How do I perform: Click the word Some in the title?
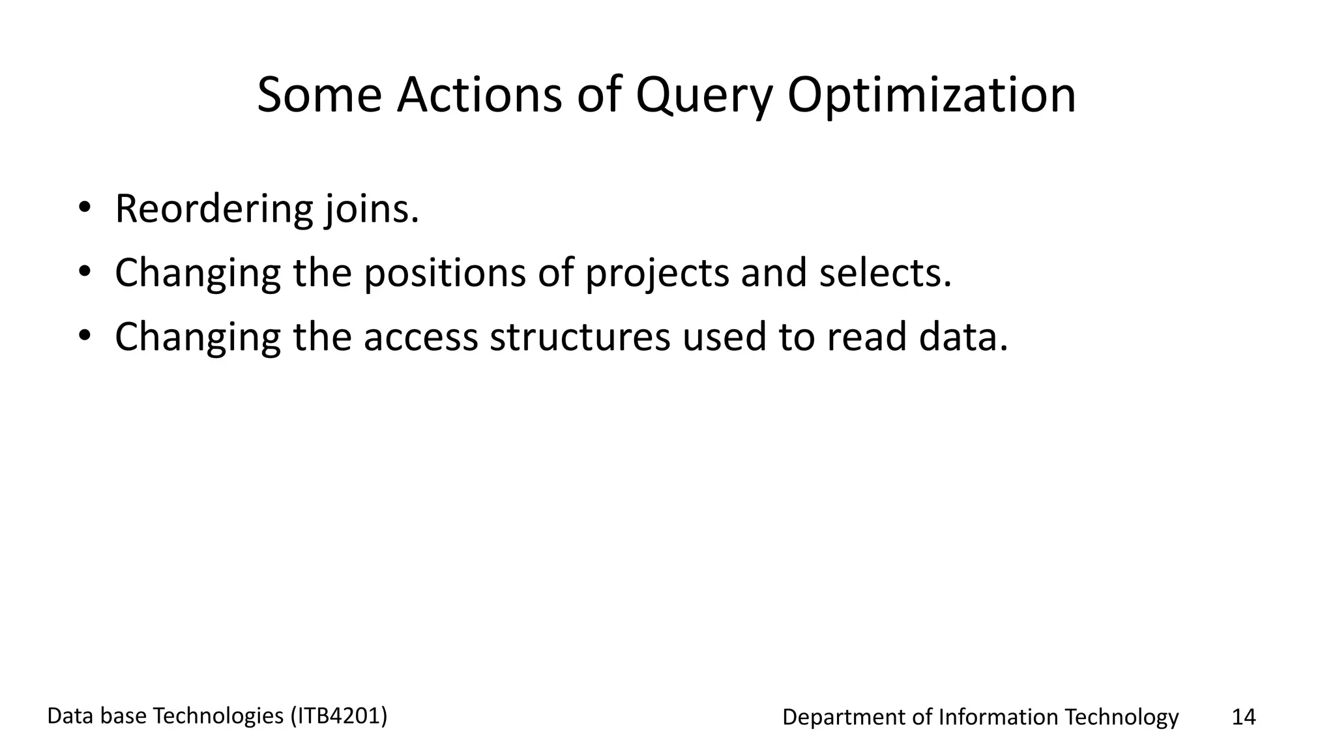click(x=319, y=95)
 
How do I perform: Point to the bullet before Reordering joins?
click(x=84, y=208)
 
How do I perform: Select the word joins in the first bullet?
click(x=371, y=210)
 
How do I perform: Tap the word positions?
click(x=444, y=273)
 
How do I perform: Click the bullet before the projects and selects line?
click(x=84, y=271)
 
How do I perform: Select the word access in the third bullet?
click(x=420, y=337)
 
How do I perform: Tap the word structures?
click(x=579, y=337)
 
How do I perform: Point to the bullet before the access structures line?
click(x=84, y=335)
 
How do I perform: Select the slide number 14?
click(x=1243, y=717)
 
